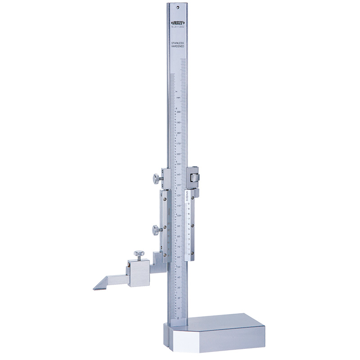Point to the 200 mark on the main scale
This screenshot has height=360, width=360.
[x=179, y=112]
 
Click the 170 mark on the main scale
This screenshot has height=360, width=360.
[x=179, y=143]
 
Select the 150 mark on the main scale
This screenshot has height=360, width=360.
[x=179, y=164]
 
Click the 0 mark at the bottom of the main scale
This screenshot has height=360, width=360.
[x=179, y=318]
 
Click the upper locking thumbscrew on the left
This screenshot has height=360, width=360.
[x=155, y=178]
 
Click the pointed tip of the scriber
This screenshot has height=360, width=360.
[x=94, y=288]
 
